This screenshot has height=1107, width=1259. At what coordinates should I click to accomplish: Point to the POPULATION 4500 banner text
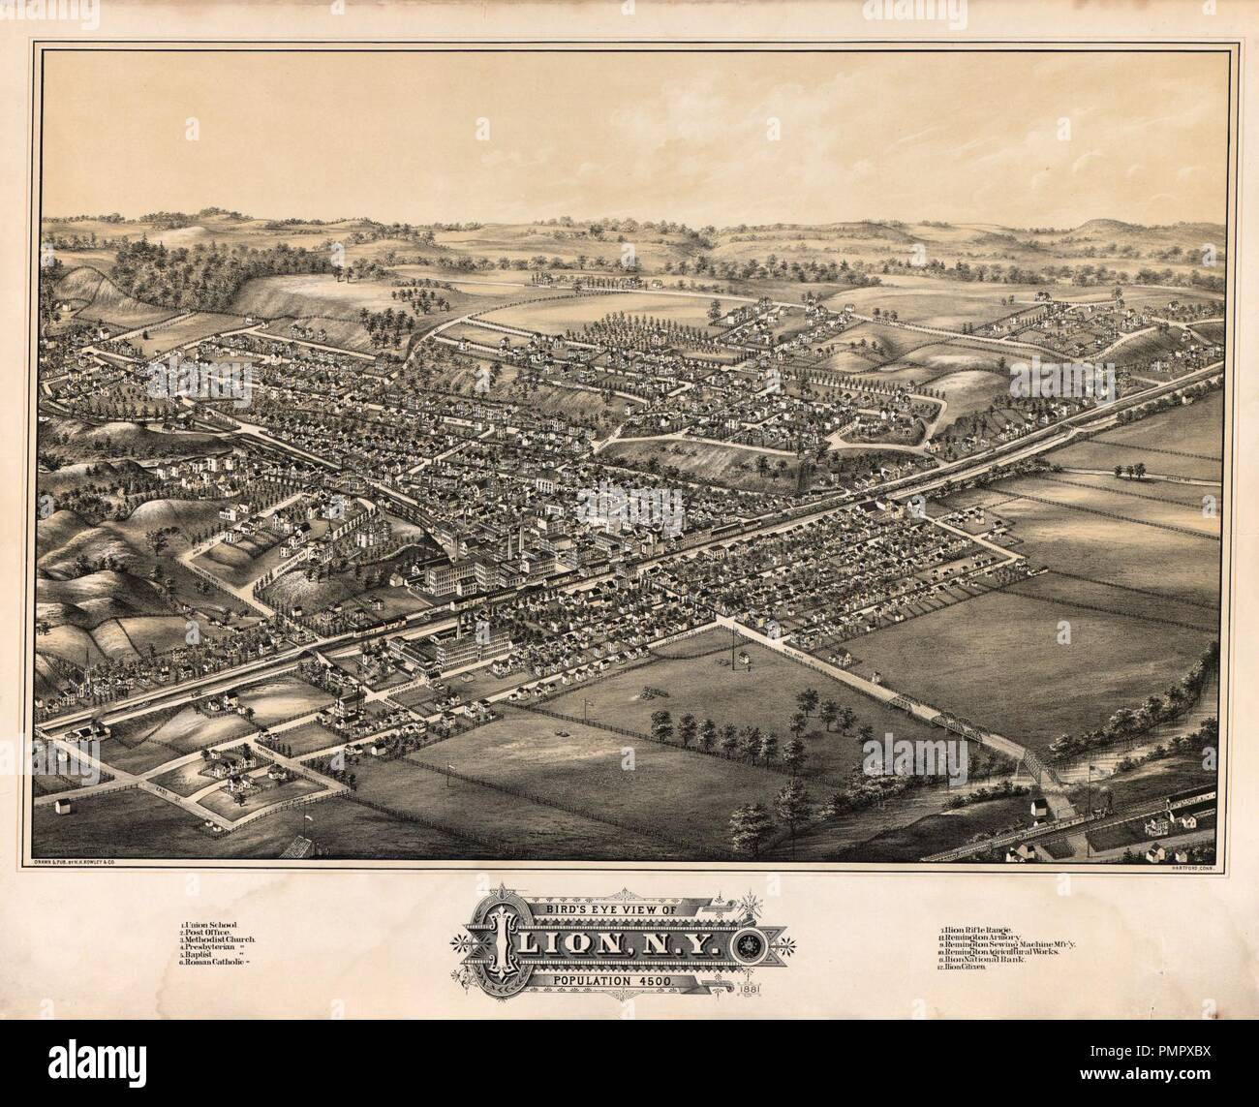[x=619, y=980]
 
